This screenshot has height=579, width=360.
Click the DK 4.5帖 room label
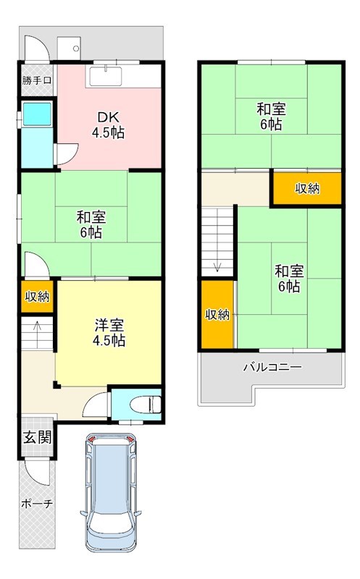coord(106,125)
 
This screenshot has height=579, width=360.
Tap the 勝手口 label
coord(36,80)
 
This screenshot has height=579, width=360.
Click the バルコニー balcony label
coord(272,367)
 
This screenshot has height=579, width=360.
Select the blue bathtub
coord(36,114)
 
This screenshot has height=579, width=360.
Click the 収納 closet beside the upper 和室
coord(306,188)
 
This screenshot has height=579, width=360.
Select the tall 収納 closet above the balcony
coord(217,314)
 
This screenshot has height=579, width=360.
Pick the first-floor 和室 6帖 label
coord(91,224)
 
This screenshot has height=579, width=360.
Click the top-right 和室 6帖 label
coord(271,117)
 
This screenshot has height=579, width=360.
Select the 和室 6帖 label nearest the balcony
coord(288,279)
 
